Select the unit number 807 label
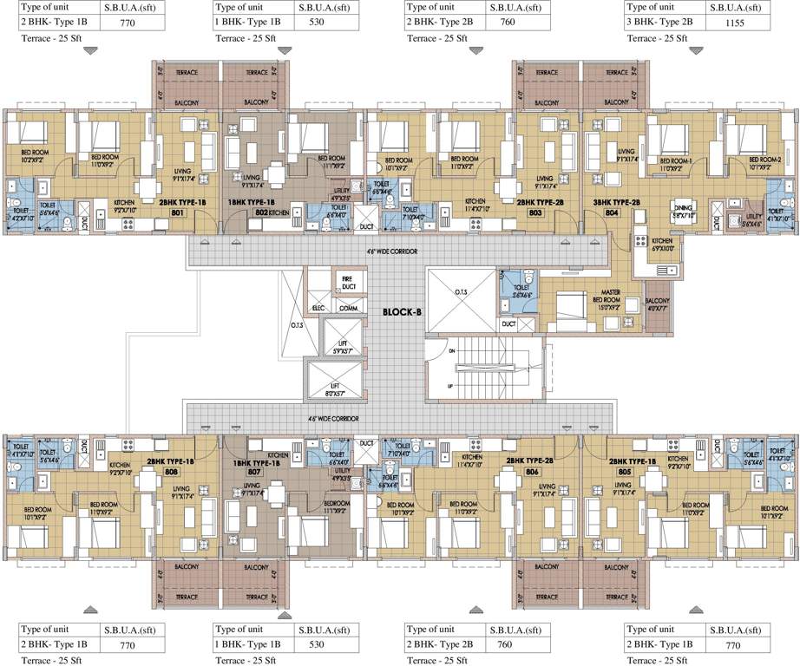[x=253, y=473]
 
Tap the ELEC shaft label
[x=320, y=308]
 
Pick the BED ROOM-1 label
[x=674, y=162]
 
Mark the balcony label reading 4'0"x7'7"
[x=658, y=304]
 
